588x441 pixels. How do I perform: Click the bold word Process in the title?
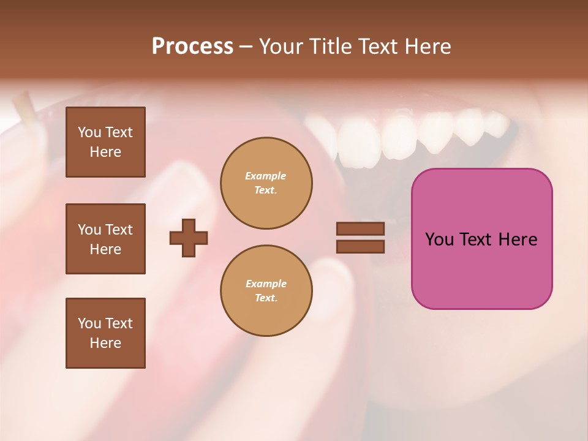coord(192,47)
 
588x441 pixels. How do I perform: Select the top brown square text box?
coord(105,142)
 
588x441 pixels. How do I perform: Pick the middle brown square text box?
coord(105,239)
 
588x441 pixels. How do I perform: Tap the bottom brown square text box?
coord(105,333)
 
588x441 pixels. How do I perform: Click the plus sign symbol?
coord(189,238)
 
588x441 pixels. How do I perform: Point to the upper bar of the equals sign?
coord(360,228)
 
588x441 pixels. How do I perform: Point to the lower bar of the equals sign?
coord(360,246)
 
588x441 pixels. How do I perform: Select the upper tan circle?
coord(266,183)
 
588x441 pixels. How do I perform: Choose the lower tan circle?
coord(266,291)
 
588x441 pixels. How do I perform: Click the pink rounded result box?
coord(481,239)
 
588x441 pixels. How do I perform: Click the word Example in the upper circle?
coord(266,176)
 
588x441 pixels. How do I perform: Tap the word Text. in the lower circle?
coord(266,298)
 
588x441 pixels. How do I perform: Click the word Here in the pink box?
coord(518,239)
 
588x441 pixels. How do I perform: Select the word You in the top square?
coord(89,132)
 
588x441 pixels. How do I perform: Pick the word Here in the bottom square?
coord(105,343)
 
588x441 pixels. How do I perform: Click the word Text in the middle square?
coord(119,230)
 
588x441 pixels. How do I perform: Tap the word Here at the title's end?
coord(429,47)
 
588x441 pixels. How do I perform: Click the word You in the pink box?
coord(439,239)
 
